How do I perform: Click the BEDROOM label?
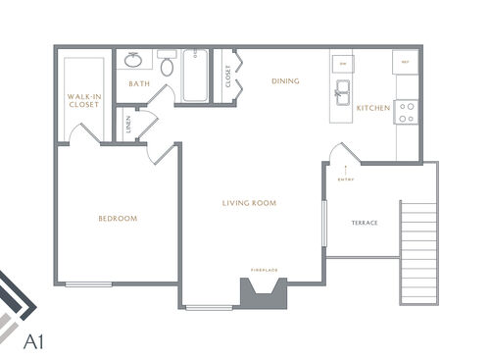click(118, 218)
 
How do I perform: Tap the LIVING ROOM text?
click(249, 203)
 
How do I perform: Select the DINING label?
click(285, 81)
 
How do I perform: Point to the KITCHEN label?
click(372, 107)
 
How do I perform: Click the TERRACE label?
click(365, 223)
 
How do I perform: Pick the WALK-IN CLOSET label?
click(83, 100)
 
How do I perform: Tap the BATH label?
click(138, 84)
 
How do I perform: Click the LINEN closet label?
click(128, 125)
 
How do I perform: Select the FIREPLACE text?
click(265, 270)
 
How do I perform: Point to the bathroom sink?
click(134, 60)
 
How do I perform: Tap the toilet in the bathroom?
click(167, 66)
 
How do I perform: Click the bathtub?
click(195, 76)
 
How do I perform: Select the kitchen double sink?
click(343, 95)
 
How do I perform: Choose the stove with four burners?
click(407, 113)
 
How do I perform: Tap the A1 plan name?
click(33, 343)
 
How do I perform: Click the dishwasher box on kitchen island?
click(343, 62)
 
